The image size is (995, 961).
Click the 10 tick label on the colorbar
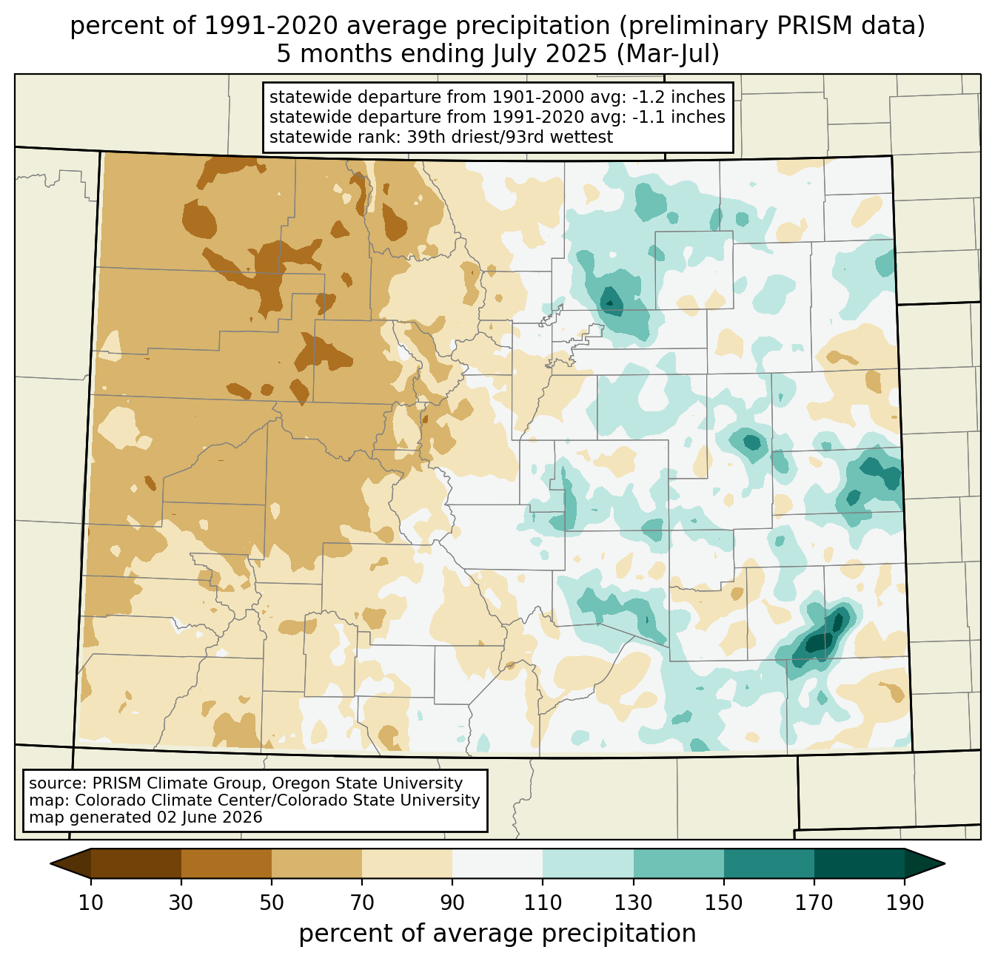pos(90,903)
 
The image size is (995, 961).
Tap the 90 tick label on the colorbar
pos(452,903)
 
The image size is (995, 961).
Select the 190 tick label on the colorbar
pos(905,903)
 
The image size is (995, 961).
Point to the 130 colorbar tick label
pos(633,903)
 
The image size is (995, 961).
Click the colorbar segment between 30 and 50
pos(226,863)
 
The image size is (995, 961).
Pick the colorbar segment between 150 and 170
pos(769,863)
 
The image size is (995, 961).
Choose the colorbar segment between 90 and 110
pos(497,863)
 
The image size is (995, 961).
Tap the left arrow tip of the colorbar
pos(50,863)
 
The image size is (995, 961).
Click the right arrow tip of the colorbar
pos(945,863)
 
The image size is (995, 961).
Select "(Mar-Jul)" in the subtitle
pos(668,54)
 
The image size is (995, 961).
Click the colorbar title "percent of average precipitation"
pos(497,933)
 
